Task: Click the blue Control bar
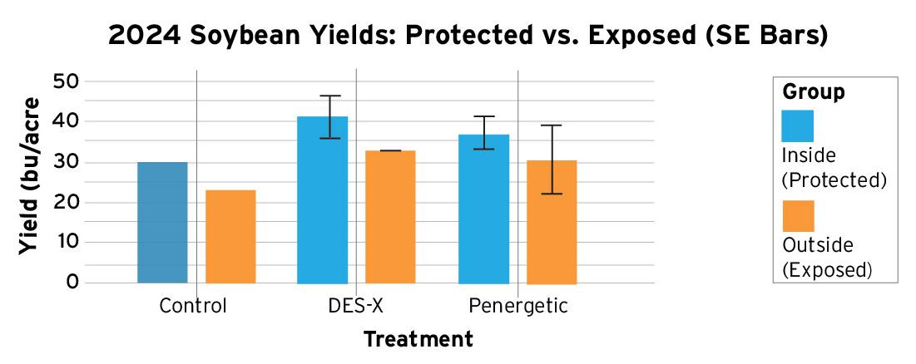pos(162,223)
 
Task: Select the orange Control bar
pos(230,237)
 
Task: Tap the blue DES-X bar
pos(323,200)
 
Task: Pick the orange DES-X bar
pos(390,217)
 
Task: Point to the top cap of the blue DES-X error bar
pos(330,96)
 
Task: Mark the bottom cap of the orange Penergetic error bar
pos(552,194)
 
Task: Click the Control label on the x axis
pos(193,306)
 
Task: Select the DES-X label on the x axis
pos(355,306)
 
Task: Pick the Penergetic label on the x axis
pos(518,306)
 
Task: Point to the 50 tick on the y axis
pos(67,81)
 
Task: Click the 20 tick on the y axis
pos(67,202)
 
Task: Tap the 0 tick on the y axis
pos(72,283)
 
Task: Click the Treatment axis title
pos(418,339)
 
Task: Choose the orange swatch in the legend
pos(798,216)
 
